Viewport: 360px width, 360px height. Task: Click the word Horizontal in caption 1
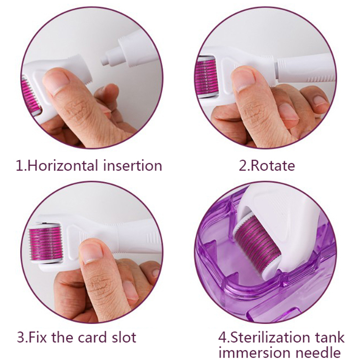63,166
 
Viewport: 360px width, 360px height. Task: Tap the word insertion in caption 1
133,166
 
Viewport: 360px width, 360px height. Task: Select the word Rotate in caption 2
273,166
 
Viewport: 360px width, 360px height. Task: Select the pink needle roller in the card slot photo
45,243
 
